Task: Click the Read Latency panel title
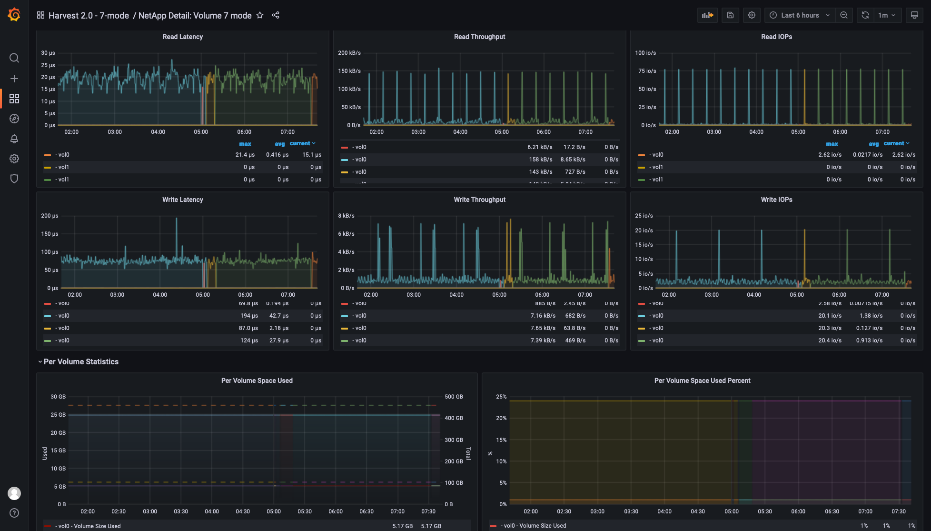coord(182,37)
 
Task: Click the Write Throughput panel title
coord(479,200)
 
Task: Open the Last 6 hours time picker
coord(799,15)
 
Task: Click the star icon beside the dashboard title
coord(260,15)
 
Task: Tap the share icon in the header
coord(276,15)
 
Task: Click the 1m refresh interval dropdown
coord(887,15)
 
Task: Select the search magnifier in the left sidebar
coord(14,58)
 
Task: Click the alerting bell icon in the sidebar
coord(14,139)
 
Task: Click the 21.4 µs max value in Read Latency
coord(245,155)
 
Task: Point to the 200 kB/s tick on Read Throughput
coord(349,53)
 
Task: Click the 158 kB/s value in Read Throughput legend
coord(540,160)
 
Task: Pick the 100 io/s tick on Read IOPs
coord(645,53)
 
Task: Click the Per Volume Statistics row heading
coord(81,362)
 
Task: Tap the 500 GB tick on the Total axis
coord(454,397)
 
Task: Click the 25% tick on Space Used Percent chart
coord(501,397)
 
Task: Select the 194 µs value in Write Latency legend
coord(248,316)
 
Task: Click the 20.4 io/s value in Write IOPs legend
coord(830,341)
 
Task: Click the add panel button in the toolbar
coord(707,15)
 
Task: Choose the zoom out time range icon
coord(844,15)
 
